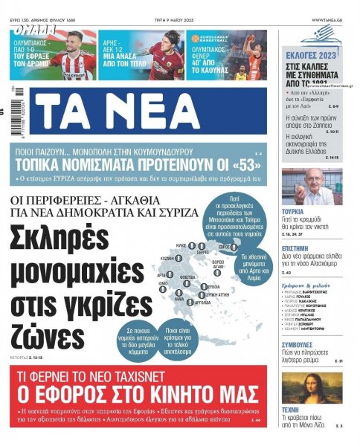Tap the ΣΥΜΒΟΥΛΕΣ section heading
pyautogui.click(x=301, y=346)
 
